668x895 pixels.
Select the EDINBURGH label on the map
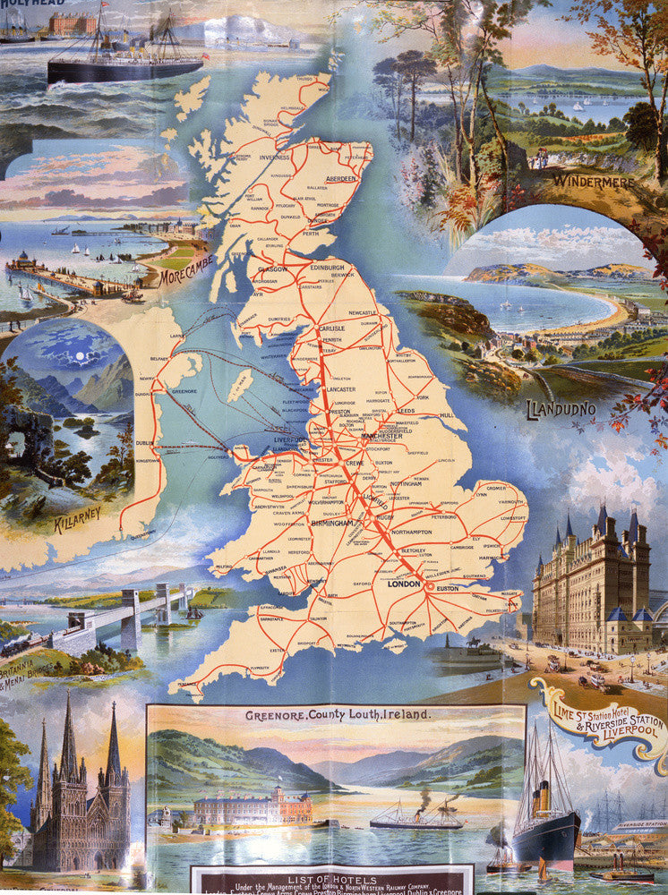(x=327, y=267)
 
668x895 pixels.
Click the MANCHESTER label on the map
(x=388, y=435)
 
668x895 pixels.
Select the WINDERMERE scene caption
(x=594, y=182)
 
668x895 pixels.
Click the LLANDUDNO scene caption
(x=562, y=410)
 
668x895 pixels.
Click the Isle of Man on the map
(x=237, y=386)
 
